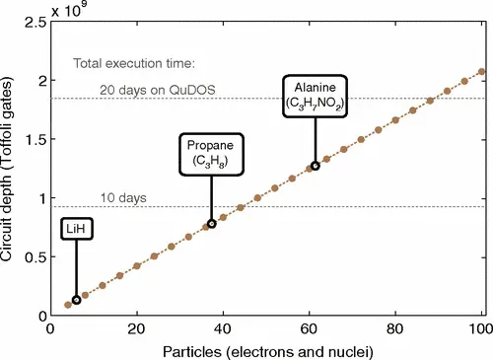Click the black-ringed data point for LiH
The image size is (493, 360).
pos(77,300)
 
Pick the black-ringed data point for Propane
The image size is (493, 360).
pos(211,224)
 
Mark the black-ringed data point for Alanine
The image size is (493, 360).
pos(315,166)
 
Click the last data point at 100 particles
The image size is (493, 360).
pos(481,71)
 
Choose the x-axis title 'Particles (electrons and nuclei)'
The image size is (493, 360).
pos(266,350)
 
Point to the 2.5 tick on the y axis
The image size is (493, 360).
pos(36,21)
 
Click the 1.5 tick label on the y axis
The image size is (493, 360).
pos(36,139)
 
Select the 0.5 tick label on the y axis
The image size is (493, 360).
pos(36,256)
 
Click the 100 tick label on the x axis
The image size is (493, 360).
pos(481,328)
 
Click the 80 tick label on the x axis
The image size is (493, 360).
pos(395,328)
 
